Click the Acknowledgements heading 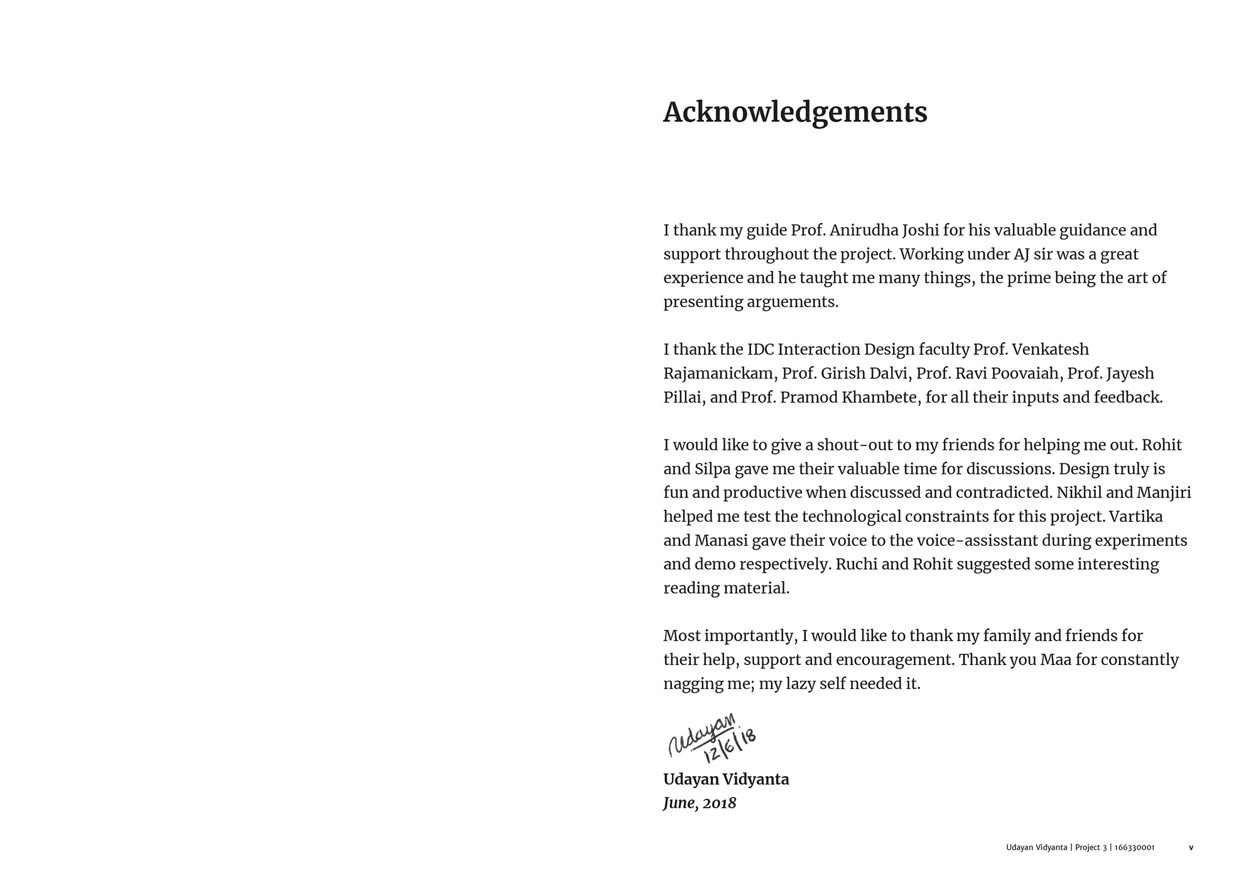pos(795,112)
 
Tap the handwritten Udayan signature pos(700,734)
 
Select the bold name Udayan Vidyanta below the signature pos(726,779)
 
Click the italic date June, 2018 pos(700,803)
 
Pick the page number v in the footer pos(1191,848)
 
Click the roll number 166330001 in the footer pos(1134,848)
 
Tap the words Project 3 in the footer pos(1091,848)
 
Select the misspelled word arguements pos(793,302)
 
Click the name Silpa pos(712,469)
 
